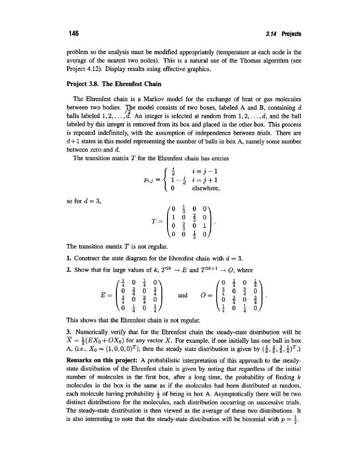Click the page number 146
(x=73, y=34)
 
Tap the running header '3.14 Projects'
(x=283, y=34)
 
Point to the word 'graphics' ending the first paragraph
(x=185, y=69)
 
